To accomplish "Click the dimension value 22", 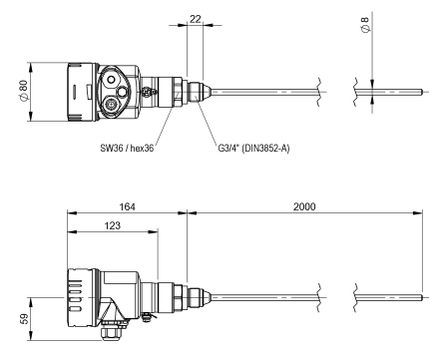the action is [196, 19].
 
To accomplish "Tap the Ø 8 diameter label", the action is [365, 24].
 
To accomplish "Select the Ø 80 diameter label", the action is [24, 90].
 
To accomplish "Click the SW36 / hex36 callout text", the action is [127, 148].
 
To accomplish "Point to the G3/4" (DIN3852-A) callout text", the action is [253, 148].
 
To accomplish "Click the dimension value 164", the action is [127, 206].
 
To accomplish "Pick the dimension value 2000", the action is [304, 206].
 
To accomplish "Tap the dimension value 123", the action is [113, 225].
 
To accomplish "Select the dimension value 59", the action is [24, 318].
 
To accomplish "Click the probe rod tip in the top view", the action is [421, 92].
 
